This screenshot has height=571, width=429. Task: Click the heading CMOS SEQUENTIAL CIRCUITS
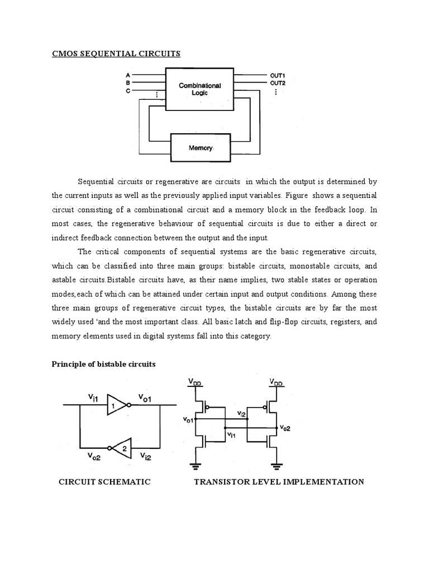pos(116,54)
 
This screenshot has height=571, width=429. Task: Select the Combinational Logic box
pos(199,89)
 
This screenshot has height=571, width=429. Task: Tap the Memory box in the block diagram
pos(199,148)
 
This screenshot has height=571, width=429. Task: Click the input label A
pos(128,75)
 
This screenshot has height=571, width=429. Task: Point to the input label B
pos(128,83)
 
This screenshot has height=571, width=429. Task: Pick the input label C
pos(128,90)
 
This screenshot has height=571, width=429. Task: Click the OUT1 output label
pos(278,75)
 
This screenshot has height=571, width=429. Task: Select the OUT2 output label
pos(278,83)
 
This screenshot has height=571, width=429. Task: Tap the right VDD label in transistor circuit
pos(276,383)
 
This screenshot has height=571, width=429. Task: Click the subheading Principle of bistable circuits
pos(103,364)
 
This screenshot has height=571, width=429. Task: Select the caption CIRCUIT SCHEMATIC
pos(104,482)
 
